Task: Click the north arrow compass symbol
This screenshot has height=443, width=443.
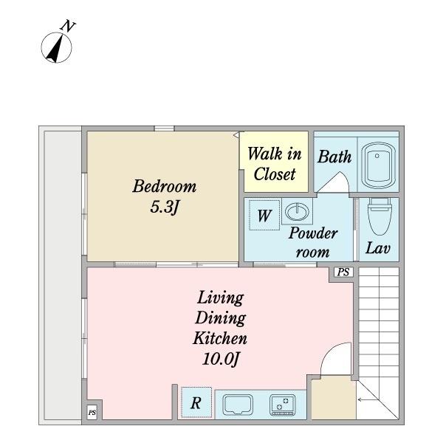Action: click(x=57, y=47)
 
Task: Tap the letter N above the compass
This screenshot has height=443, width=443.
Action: click(x=68, y=26)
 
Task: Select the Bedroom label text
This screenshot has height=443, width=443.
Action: click(x=165, y=186)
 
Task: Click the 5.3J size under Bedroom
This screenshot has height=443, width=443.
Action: click(x=165, y=207)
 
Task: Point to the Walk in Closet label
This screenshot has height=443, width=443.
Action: click(x=275, y=164)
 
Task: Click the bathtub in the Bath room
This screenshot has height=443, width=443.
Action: click(x=378, y=165)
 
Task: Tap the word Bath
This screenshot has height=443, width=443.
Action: click(x=334, y=157)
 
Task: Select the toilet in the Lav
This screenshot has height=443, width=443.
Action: click(x=380, y=216)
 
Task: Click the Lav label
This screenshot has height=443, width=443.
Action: click(x=378, y=248)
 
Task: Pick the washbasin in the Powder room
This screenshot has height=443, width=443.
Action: click(x=297, y=211)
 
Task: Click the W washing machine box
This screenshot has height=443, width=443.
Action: click(x=264, y=216)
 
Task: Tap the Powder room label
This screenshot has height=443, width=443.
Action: click(x=313, y=242)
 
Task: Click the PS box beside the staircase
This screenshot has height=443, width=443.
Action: click(x=343, y=272)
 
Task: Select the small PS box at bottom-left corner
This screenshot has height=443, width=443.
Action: click(x=92, y=413)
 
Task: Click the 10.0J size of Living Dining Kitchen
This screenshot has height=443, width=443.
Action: click(x=221, y=360)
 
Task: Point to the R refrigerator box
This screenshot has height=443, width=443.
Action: click(x=196, y=402)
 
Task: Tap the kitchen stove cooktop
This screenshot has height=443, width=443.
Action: click(x=283, y=405)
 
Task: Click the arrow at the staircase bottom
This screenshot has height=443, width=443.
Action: click(x=368, y=399)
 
